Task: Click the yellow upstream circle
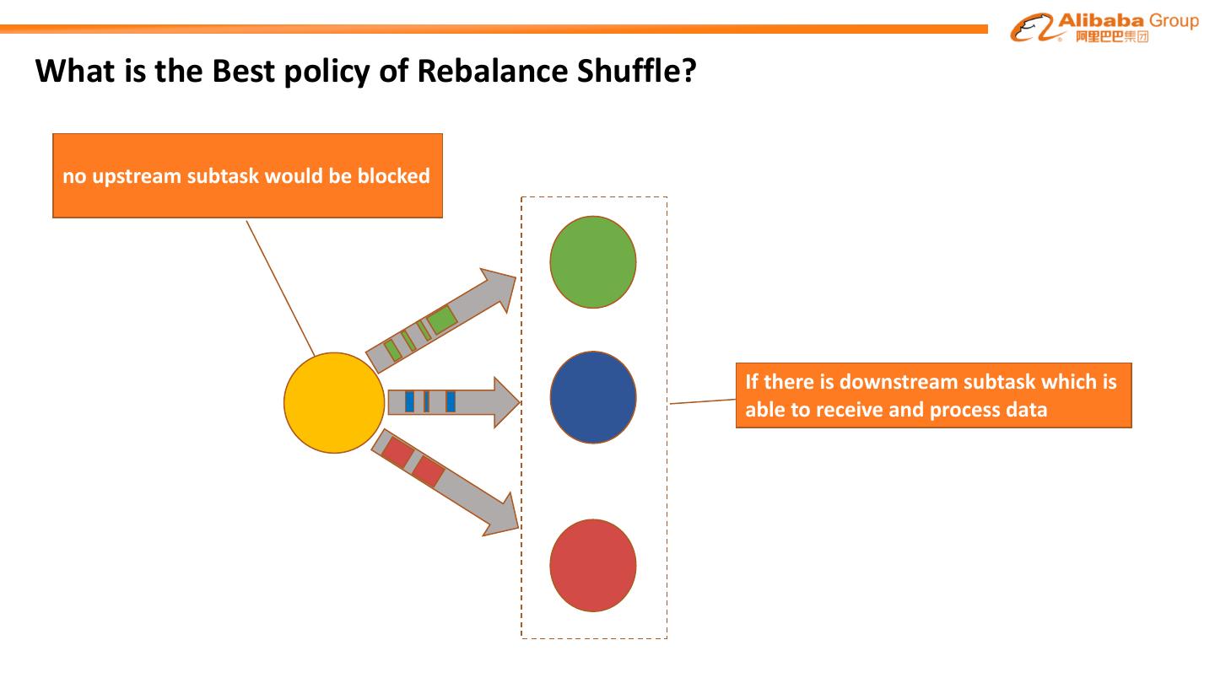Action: point(334,403)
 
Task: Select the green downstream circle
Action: point(593,261)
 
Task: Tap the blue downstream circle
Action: point(593,397)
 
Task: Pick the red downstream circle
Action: point(593,565)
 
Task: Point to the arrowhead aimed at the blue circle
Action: point(505,402)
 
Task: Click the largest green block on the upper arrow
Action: point(441,319)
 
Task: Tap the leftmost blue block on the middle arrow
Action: point(410,401)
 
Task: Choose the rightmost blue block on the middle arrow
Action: point(451,401)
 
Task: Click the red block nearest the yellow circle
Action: point(397,453)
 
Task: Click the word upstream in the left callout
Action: point(137,176)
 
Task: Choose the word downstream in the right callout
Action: point(895,382)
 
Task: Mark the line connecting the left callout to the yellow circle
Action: point(280,287)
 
